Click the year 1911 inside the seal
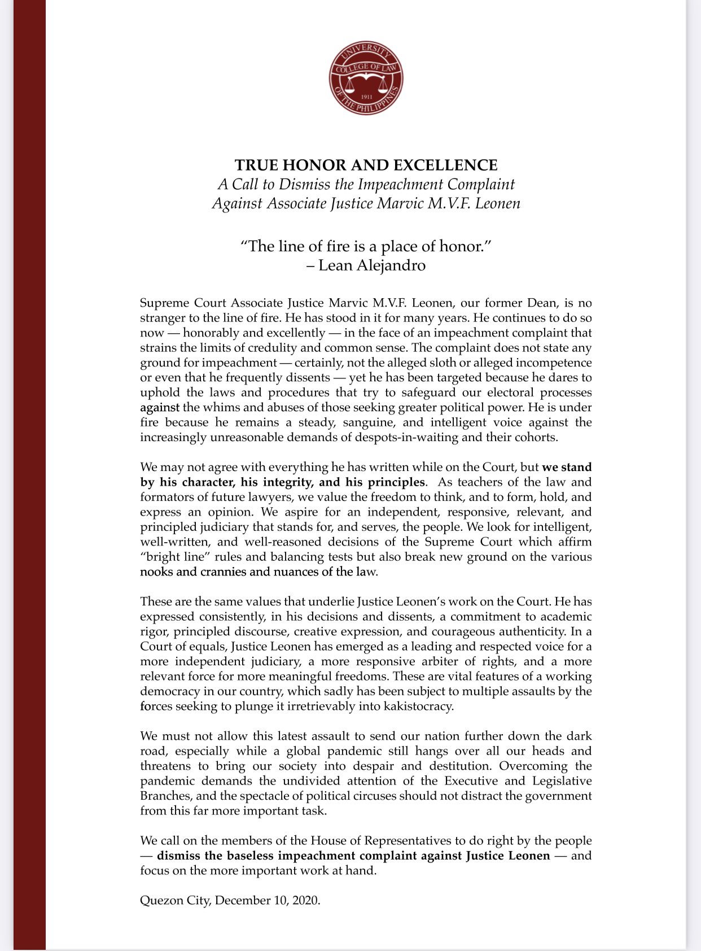point(366,97)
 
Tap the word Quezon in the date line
point(160,900)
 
